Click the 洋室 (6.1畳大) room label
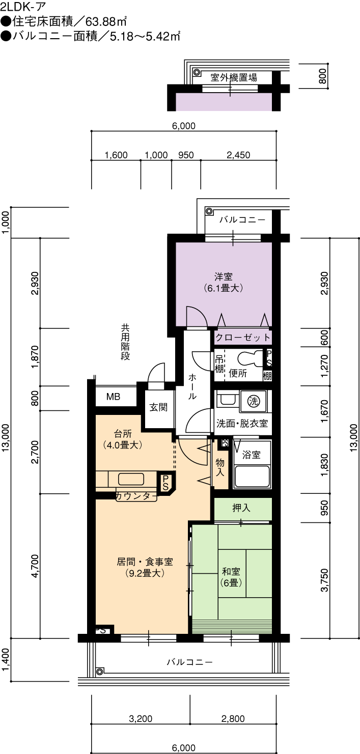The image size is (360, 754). click(x=223, y=283)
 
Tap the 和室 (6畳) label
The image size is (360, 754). click(x=231, y=577)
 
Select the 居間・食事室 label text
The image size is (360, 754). click(x=145, y=562)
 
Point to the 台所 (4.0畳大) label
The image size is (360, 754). click(x=123, y=439)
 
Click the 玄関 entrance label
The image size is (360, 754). click(x=158, y=407)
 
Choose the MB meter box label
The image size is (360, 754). click(x=113, y=397)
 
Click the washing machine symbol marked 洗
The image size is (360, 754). click(x=254, y=401)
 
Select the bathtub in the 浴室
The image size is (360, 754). click(x=252, y=477)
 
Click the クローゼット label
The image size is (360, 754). click(x=243, y=337)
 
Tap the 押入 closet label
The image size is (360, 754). click(x=241, y=508)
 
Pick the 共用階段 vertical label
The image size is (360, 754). click(x=125, y=342)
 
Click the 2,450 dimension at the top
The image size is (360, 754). click(x=238, y=155)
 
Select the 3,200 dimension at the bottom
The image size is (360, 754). click(x=141, y=719)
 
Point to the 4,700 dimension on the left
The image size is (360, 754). click(x=35, y=566)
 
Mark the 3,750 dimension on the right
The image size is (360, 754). click(x=324, y=580)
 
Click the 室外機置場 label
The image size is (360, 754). click(x=234, y=77)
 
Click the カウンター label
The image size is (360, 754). click(x=136, y=496)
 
